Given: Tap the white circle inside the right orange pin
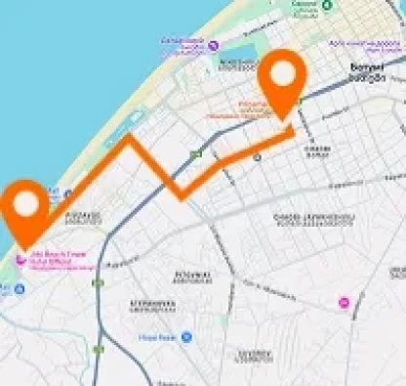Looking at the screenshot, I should [282, 72].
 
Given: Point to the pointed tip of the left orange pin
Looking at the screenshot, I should [27, 244].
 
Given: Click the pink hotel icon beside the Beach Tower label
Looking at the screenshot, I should [20, 260].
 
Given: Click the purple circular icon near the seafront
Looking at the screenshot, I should [213, 45].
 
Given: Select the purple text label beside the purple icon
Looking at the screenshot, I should [183, 44].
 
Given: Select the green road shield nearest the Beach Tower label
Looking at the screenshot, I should [98, 282].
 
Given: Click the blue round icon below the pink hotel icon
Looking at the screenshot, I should [20, 288].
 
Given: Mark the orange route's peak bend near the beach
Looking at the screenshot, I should [127, 142].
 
